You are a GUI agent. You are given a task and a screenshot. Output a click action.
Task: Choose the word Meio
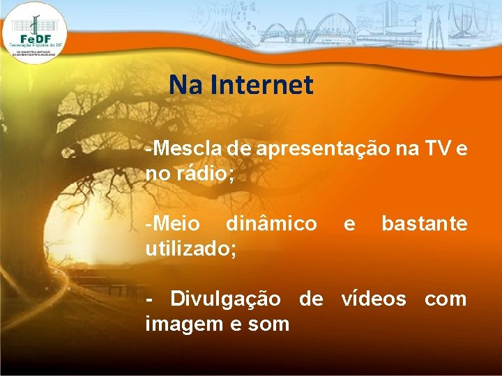pos(172,224)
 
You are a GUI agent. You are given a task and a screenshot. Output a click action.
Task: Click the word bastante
pos(424,224)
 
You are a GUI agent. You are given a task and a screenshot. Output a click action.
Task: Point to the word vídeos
pos(373,299)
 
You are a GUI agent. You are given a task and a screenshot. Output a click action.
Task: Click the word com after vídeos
pos(446,299)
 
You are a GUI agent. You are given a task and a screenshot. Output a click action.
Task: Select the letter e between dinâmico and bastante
pos(349,224)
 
